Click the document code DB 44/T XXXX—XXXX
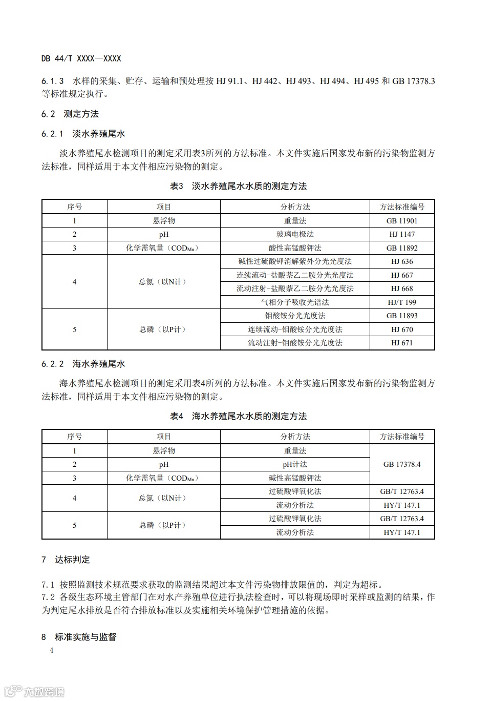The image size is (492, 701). coord(81,58)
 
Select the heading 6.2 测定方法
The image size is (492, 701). coord(70,114)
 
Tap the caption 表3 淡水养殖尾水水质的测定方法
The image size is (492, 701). coord(238,186)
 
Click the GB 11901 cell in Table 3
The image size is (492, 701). coord(402,221)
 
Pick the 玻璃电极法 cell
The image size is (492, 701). coord(295,234)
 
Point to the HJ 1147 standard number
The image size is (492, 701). coord(402,234)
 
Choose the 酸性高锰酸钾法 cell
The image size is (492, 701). coord(295,248)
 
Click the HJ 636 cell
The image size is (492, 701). coord(402,261)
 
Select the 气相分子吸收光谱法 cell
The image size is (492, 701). coord(295,302)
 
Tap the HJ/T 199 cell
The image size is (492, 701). coord(402,302)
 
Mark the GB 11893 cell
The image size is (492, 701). coord(402,316)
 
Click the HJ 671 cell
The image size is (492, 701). coord(402,343)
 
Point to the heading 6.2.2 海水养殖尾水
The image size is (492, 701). coord(83,364)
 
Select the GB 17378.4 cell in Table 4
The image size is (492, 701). coord(402,464)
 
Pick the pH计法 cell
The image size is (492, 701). coord(295,464)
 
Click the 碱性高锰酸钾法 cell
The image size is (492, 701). coord(295,478)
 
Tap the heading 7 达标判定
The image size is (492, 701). coord(66,560)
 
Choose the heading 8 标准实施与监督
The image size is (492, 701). coord(79,637)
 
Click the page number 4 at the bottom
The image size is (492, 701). coord(51,651)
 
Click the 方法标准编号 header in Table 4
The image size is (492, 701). coord(402,437)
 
